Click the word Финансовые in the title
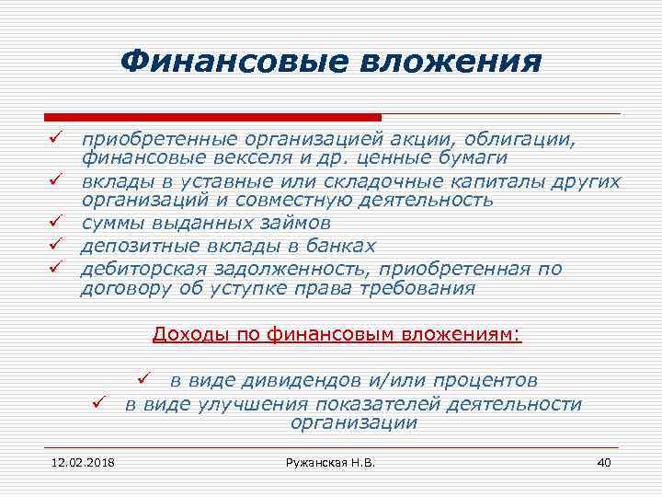click(229, 62)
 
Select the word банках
click(340, 246)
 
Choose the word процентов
click(479, 380)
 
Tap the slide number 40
click(604, 461)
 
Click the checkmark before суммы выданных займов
click(54, 223)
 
